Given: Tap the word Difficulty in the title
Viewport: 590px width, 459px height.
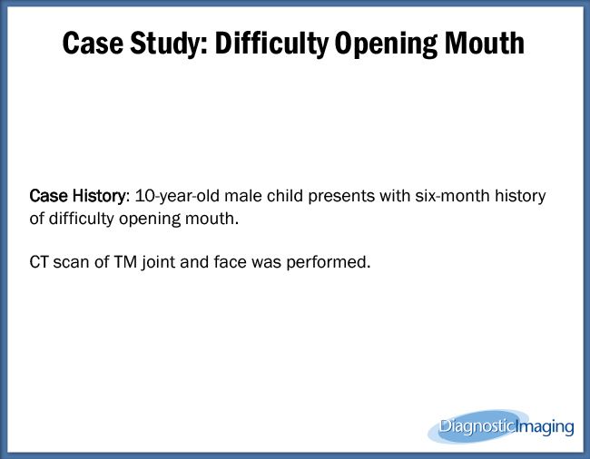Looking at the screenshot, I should (267, 42).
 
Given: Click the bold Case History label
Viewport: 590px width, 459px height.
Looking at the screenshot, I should (76, 197).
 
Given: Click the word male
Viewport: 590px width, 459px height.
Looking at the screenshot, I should (234, 197).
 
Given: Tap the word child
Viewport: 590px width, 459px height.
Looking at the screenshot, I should (275, 197).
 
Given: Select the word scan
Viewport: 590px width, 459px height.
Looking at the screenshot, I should (74, 262).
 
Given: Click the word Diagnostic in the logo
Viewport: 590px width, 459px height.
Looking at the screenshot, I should (478, 425).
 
